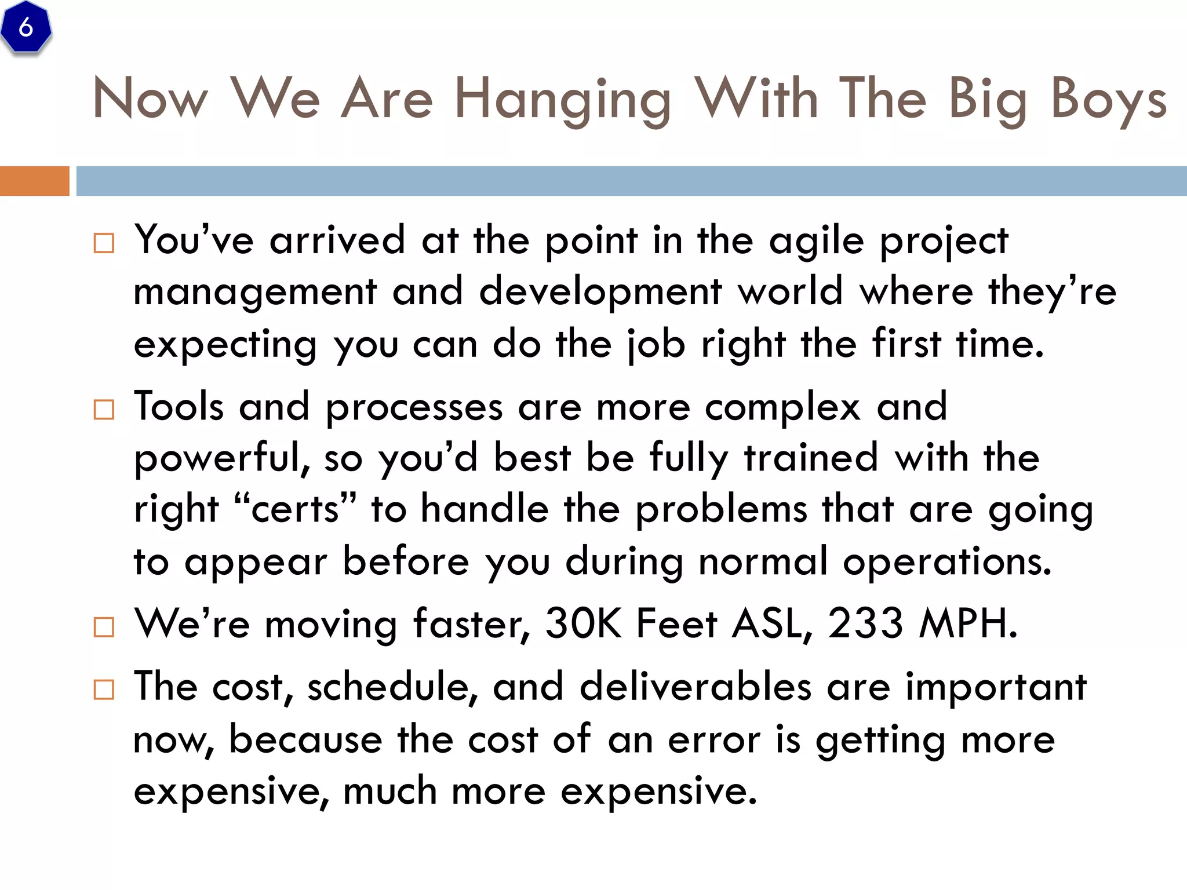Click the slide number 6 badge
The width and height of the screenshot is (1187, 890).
[26, 27]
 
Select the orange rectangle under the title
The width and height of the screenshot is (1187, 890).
[34, 181]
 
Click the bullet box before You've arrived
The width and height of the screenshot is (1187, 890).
[104, 243]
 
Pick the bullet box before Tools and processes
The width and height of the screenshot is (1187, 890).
[104, 410]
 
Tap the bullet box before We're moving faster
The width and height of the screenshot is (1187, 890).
[104, 627]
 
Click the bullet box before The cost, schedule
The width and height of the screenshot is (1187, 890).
[104, 690]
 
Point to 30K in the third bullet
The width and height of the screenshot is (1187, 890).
[583, 624]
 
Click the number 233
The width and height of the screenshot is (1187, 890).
[865, 624]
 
